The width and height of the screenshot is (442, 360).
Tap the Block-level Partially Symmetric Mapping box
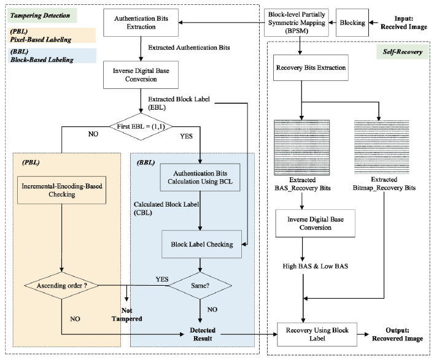point(299,22)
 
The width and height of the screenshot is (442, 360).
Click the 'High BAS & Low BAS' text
point(301,265)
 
